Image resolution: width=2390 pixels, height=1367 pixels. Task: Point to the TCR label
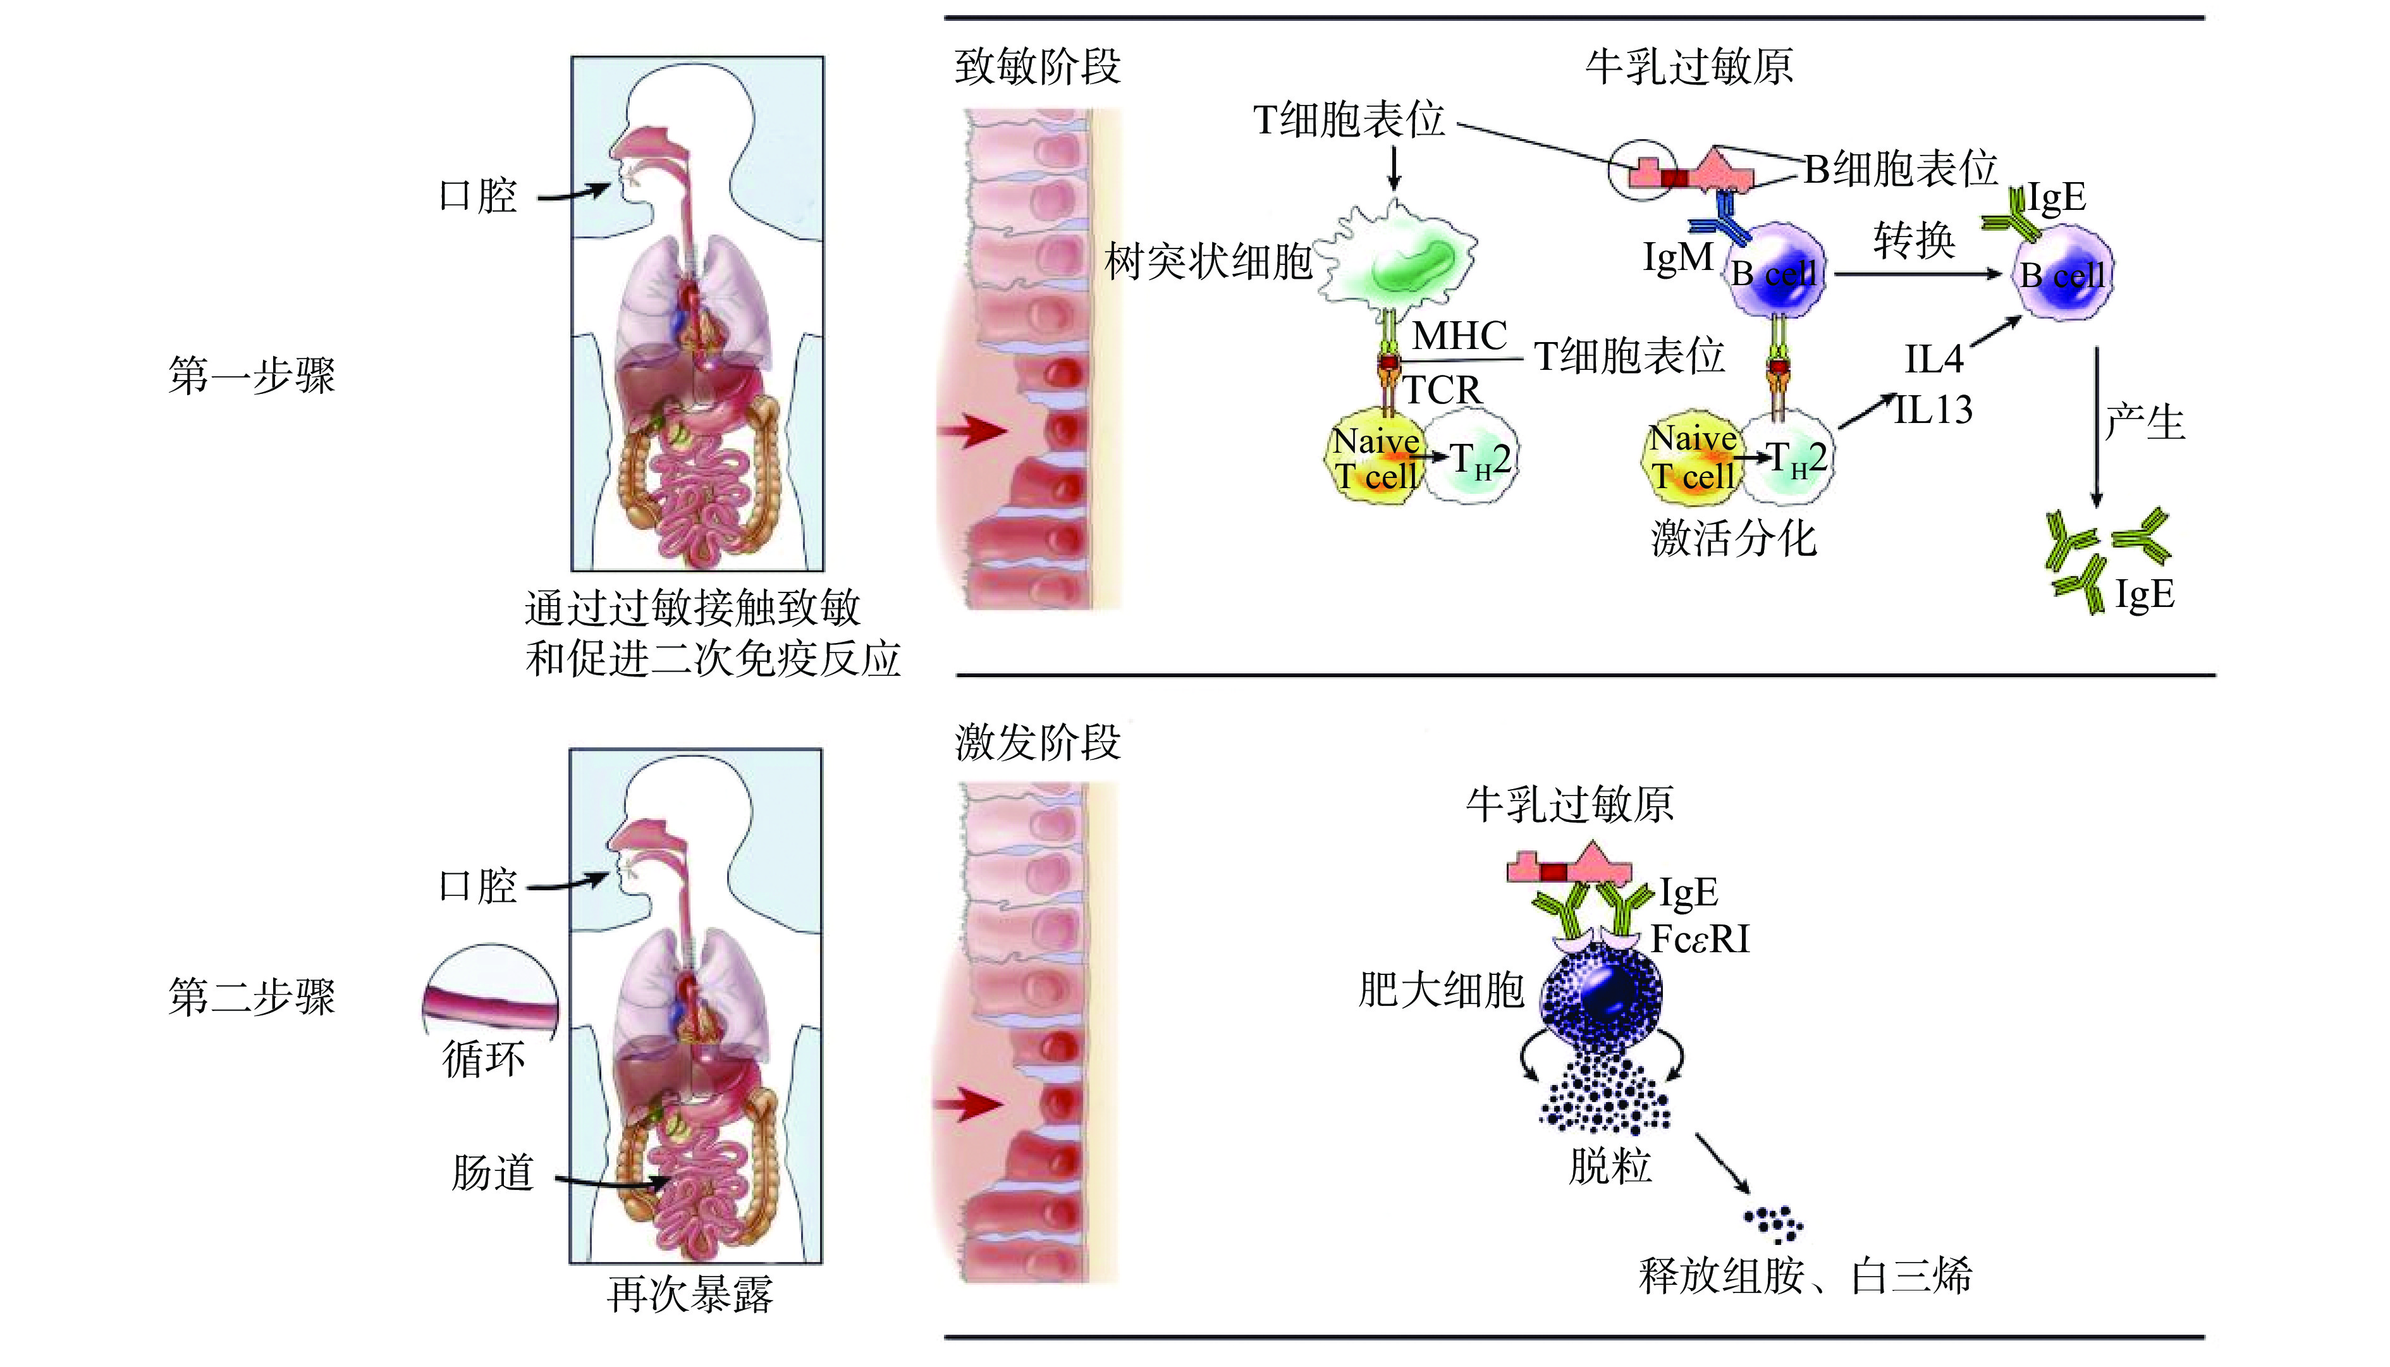point(1443,389)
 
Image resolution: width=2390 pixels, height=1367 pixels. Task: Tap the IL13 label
point(1933,410)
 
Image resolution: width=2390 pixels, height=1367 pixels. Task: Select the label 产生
point(2145,422)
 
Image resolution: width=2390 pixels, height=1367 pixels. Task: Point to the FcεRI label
point(1700,939)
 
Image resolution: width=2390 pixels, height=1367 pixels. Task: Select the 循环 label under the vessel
point(484,1060)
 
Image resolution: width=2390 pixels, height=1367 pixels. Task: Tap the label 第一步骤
point(252,376)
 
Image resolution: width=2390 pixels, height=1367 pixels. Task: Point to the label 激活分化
point(1734,539)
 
